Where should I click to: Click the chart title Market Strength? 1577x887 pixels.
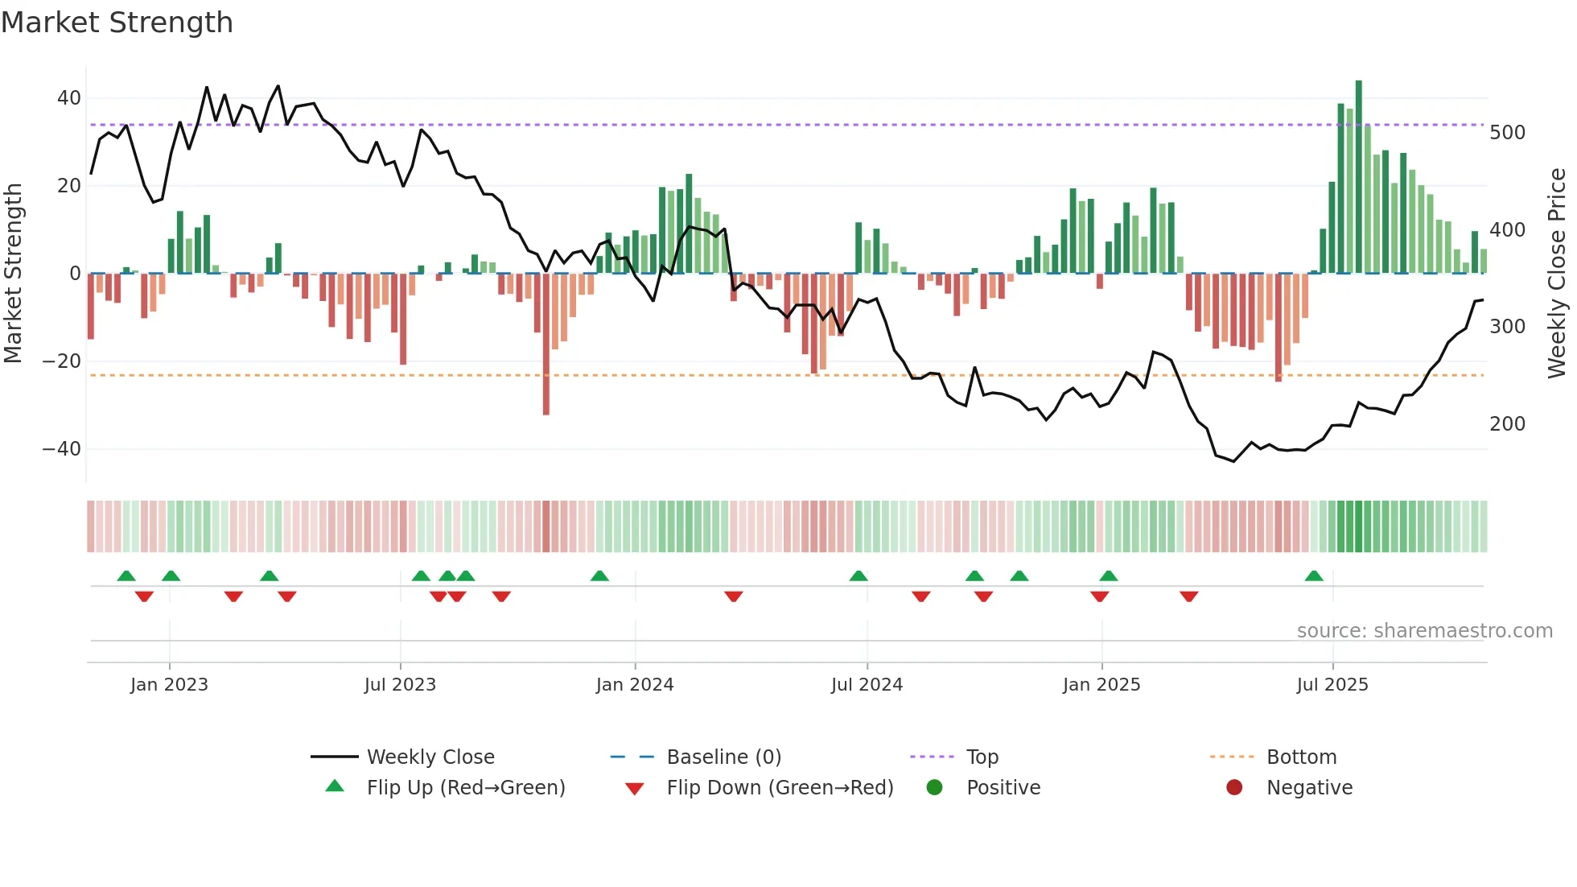[117, 23]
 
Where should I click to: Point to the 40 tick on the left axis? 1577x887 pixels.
[68, 98]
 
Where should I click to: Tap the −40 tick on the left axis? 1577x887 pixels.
[62, 449]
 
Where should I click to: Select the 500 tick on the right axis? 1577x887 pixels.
[1507, 133]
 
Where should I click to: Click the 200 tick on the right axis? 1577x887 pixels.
[1507, 424]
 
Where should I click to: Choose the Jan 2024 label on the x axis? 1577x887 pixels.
[634, 685]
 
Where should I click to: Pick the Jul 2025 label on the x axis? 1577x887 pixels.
[1332, 685]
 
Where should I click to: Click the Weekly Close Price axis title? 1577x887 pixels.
[1557, 274]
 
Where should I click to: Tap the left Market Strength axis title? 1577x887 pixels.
[14, 274]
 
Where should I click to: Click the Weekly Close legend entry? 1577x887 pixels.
[430, 757]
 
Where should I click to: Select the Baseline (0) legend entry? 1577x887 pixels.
[723, 757]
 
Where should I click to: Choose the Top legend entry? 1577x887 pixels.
[982, 757]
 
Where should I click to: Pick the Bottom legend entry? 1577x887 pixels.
[1301, 757]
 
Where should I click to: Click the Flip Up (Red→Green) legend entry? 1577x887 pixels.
[465, 788]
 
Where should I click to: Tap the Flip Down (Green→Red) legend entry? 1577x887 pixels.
[779, 788]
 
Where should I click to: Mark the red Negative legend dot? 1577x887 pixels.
[1234, 787]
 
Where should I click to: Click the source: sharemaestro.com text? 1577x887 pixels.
[1424, 631]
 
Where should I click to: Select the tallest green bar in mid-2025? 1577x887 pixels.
[1359, 177]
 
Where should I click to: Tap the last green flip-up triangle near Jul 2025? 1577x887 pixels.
[1314, 576]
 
